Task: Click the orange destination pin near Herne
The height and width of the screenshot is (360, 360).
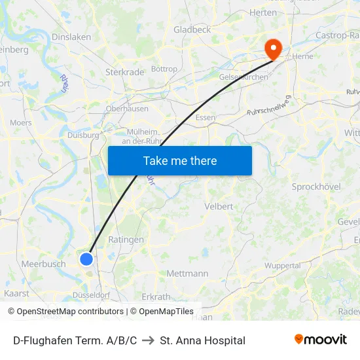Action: click(x=272, y=48)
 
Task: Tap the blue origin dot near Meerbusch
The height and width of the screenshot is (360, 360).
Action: click(x=86, y=259)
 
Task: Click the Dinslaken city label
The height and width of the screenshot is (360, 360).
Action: click(x=71, y=37)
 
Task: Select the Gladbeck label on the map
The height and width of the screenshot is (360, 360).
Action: click(x=192, y=29)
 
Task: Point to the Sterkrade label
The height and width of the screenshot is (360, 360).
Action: click(x=124, y=72)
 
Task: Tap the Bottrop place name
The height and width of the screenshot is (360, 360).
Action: click(x=164, y=69)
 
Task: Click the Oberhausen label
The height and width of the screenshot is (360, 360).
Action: click(x=127, y=109)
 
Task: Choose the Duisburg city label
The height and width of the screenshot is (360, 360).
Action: click(x=83, y=135)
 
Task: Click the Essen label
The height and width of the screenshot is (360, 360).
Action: click(x=206, y=118)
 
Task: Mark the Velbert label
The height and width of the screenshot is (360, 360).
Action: click(x=219, y=206)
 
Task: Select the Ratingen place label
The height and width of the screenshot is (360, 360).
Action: click(x=126, y=240)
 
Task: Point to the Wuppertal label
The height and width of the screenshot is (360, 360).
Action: click(x=283, y=266)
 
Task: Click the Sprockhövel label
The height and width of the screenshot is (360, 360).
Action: click(x=316, y=187)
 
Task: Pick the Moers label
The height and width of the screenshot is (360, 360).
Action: click(x=21, y=122)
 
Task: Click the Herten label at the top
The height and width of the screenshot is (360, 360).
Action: click(x=263, y=12)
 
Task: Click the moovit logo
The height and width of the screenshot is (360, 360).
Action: click(x=321, y=340)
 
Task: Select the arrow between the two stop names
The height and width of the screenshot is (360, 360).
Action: click(x=149, y=340)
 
